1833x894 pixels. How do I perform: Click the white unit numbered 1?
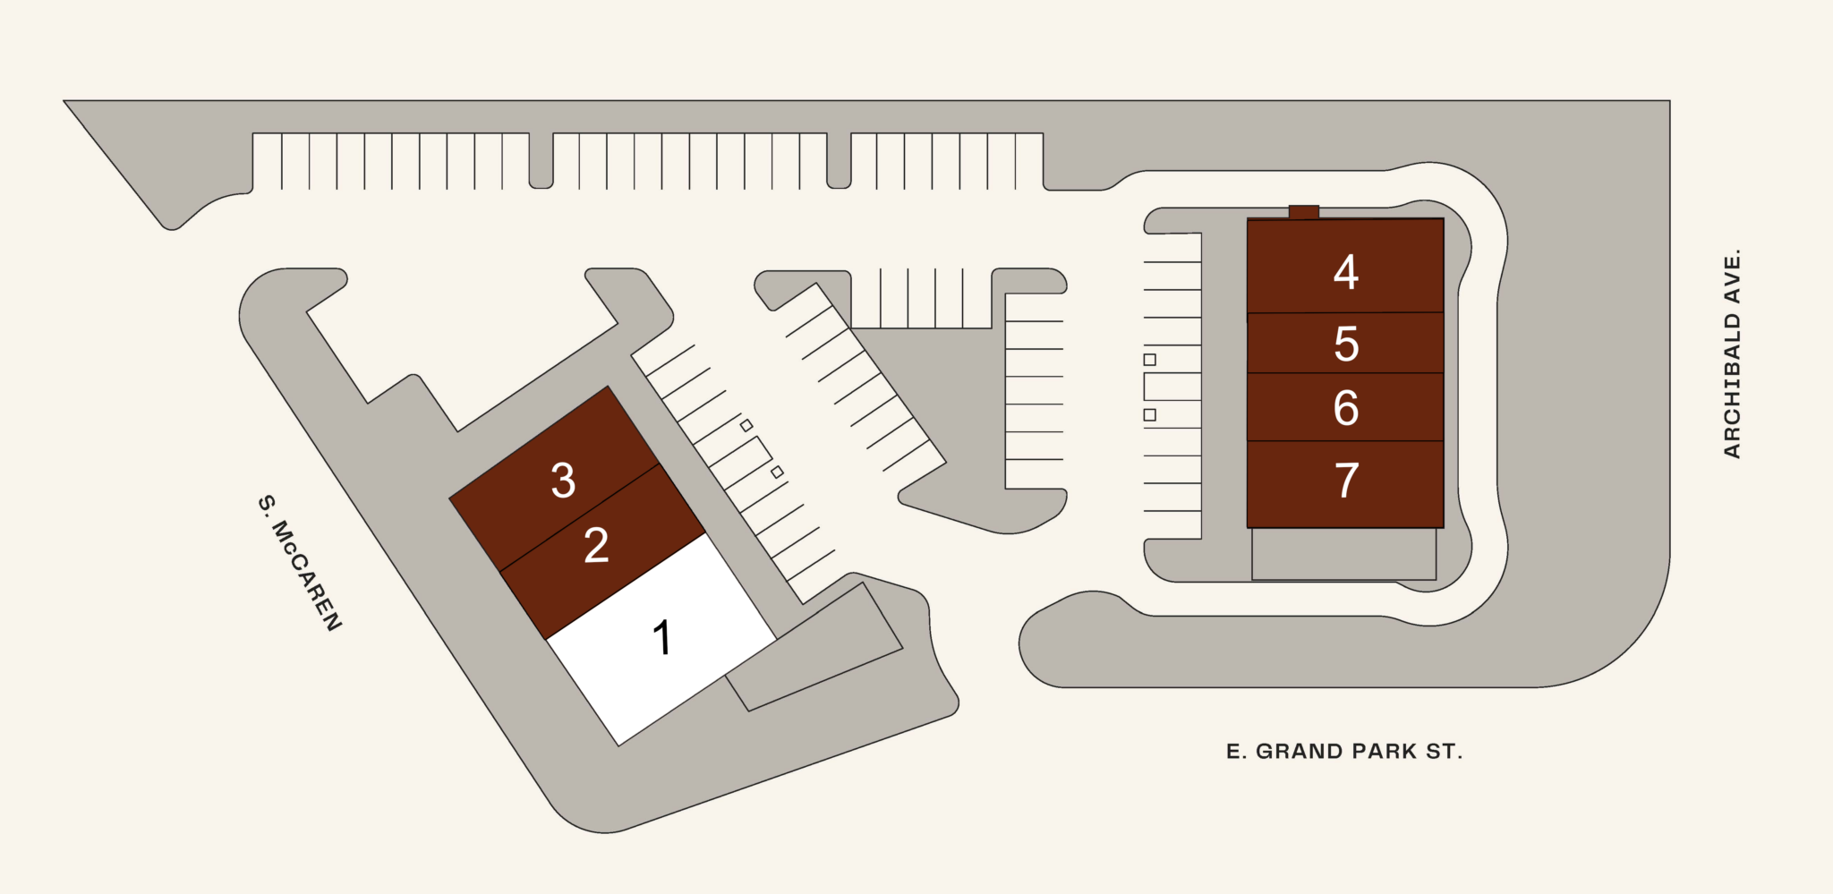tap(661, 639)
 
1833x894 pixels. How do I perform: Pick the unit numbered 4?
tap(1345, 266)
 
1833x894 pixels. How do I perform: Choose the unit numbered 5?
tap(1345, 343)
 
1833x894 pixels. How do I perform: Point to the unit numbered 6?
tap(1345, 407)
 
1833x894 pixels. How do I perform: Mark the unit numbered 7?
tap(1345, 484)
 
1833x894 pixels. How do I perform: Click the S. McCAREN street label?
tap(300, 562)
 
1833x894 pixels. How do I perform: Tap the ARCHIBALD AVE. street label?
tap(1733, 353)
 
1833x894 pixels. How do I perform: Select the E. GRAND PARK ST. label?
tap(1344, 752)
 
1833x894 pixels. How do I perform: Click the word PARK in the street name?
tap(1384, 752)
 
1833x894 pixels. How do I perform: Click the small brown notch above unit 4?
tap(1304, 212)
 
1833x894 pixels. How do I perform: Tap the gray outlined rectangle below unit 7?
tap(1344, 554)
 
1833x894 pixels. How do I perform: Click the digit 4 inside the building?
tap(1345, 272)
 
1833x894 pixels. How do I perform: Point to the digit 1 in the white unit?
tap(661, 638)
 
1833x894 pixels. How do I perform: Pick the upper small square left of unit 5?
tap(1150, 360)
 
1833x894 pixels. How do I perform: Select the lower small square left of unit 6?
tap(1150, 415)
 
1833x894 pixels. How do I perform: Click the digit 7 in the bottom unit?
tap(1346, 481)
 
